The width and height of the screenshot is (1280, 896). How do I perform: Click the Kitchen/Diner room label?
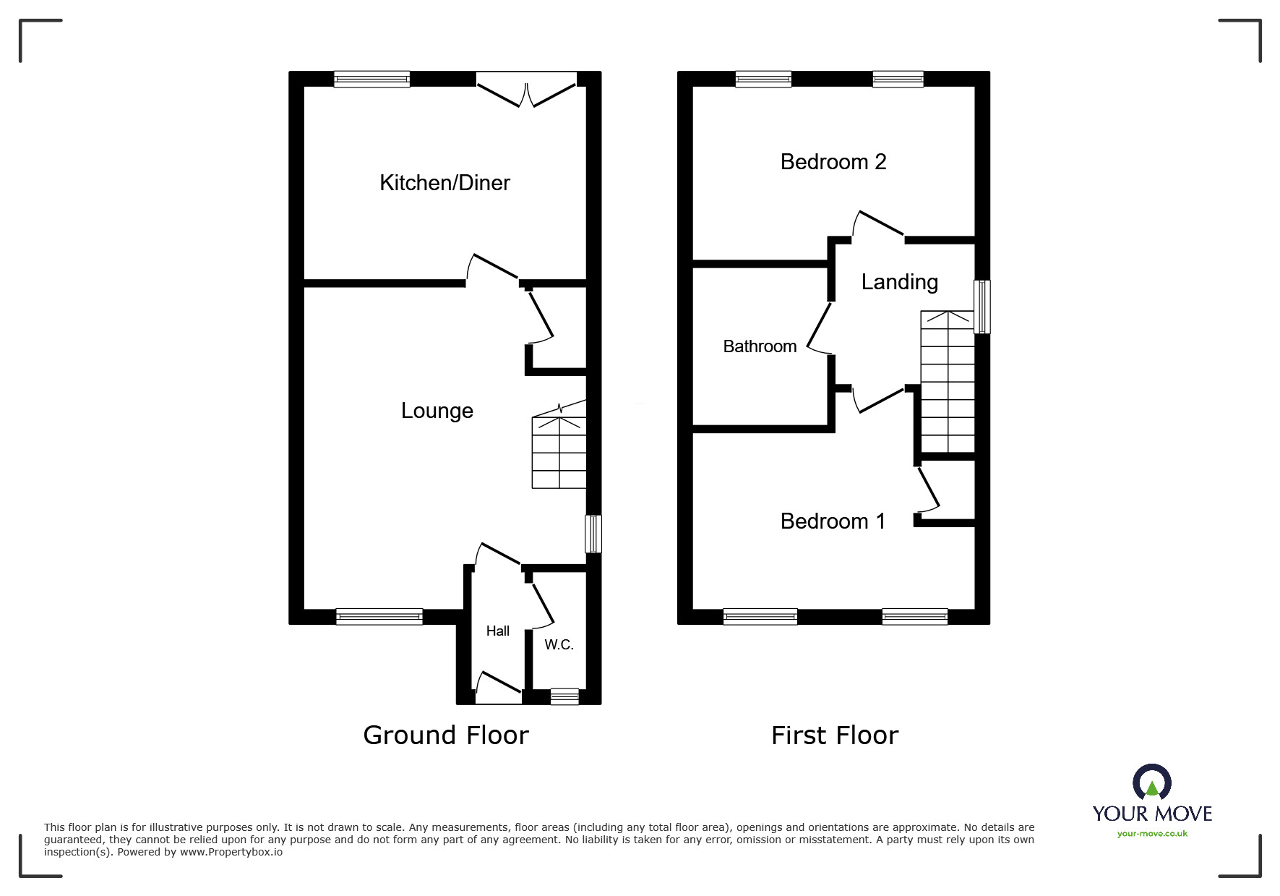pyautogui.click(x=444, y=183)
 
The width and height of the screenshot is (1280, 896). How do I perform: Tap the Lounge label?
pyautogui.click(x=437, y=411)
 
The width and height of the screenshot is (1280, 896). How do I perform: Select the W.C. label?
pyautogui.click(x=559, y=644)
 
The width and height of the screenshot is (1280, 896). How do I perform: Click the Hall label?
pyautogui.click(x=497, y=631)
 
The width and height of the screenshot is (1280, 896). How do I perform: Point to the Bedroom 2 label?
pyautogui.click(x=833, y=162)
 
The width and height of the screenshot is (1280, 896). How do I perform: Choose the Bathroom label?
pyautogui.click(x=760, y=346)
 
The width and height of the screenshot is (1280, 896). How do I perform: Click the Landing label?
pyautogui.click(x=899, y=282)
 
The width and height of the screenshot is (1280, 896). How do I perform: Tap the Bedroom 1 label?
pyautogui.click(x=833, y=521)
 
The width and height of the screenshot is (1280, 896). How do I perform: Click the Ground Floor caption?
pyautogui.click(x=445, y=735)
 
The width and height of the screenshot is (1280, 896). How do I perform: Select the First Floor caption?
pyautogui.click(x=834, y=735)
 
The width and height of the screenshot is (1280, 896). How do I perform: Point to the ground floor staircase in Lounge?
pyautogui.click(x=559, y=452)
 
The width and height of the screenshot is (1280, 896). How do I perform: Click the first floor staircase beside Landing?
pyautogui.click(x=947, y=382)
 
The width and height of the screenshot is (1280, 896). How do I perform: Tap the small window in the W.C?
pyautogui.click(x=564, y=696)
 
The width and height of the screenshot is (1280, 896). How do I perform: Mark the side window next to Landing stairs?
pyautogui.click(x=982, y=307)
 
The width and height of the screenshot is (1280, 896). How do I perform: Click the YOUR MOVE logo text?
pyautogui.click(x=1151, y=814)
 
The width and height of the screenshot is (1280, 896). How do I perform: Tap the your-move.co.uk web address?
pyautogui.click(x=1152, y=834)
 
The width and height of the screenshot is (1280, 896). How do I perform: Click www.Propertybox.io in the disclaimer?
pyautogui.click(x=231, y=852)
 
